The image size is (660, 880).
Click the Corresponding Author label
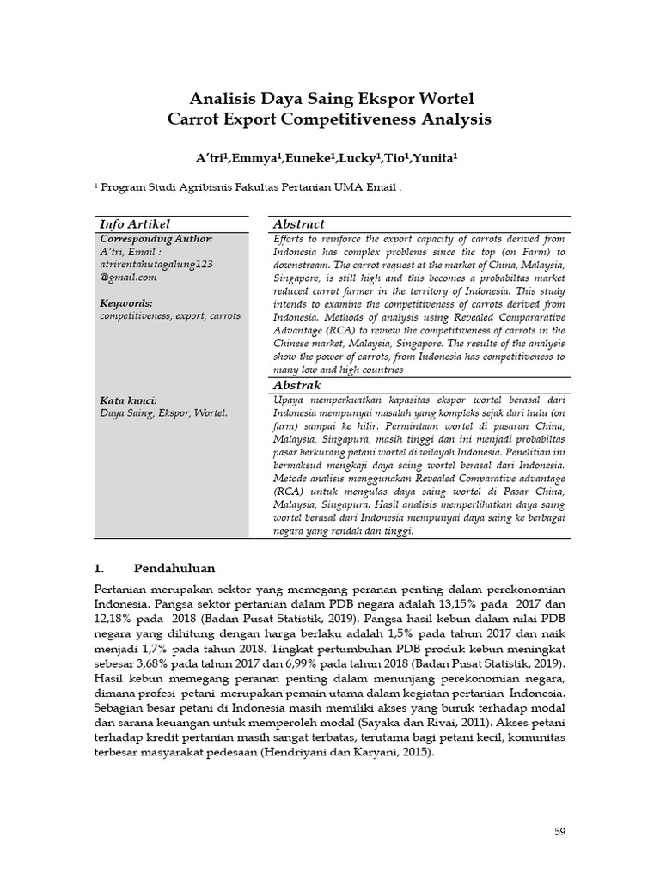coord(156,238)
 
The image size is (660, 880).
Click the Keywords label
coord(126,302)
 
